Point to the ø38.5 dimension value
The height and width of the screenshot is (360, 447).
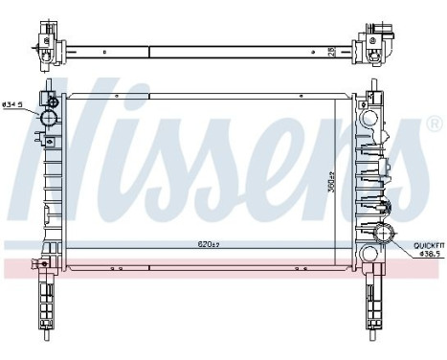click(x=427, y=256)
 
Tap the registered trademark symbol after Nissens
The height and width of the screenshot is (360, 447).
click(x=433, y=125)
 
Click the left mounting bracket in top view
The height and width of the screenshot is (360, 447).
click(x=45, y=38)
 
